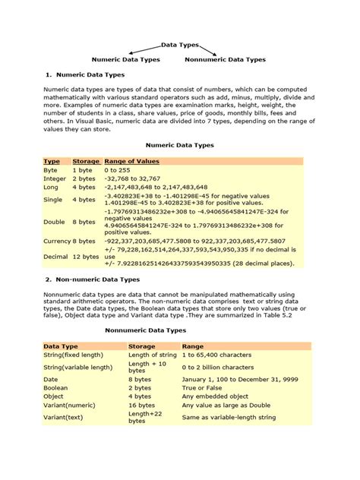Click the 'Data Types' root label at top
179,46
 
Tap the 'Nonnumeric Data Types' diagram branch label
226,58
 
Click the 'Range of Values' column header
131,161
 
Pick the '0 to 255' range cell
118,171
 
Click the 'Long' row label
51,187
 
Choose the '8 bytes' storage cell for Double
84,223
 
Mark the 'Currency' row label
57,241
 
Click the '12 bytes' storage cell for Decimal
86,257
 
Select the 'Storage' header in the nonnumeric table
142,346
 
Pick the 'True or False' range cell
201,387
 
